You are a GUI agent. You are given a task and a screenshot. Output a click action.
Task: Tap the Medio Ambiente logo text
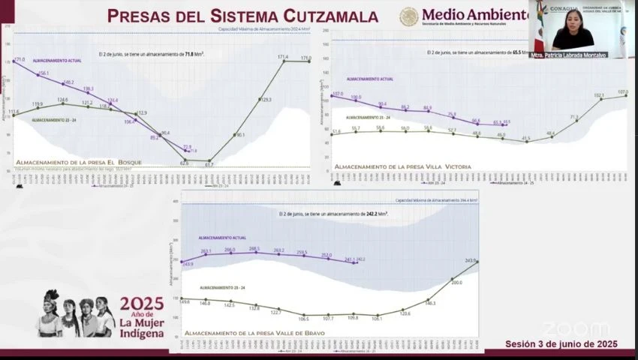pos(474,14)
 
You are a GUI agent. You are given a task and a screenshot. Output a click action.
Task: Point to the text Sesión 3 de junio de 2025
pos(561,343)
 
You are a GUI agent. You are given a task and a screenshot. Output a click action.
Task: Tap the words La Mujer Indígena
pos(141,328)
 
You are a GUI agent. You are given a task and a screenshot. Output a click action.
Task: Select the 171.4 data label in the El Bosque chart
pos(283,56)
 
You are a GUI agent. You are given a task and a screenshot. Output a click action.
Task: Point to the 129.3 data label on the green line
pos(265,99)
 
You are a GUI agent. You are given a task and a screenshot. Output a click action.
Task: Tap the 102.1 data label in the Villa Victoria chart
pos(599,95)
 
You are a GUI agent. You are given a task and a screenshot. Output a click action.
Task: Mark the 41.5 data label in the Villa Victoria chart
pos(526,137)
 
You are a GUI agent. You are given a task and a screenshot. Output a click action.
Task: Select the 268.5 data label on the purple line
pos(254,248)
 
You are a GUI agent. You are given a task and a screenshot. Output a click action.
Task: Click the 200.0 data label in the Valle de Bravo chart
pos(456,283)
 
